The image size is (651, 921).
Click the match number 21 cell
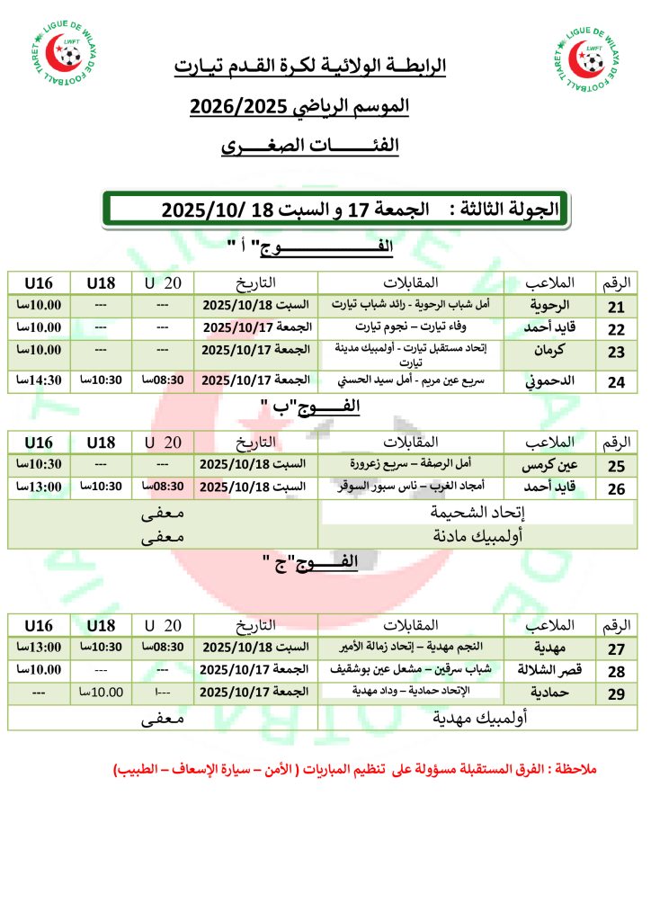pos(617,305)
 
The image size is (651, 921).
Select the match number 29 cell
pos(617,693)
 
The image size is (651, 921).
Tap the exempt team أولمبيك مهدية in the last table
pos(476,719)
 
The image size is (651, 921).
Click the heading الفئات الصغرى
pos(310,146)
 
